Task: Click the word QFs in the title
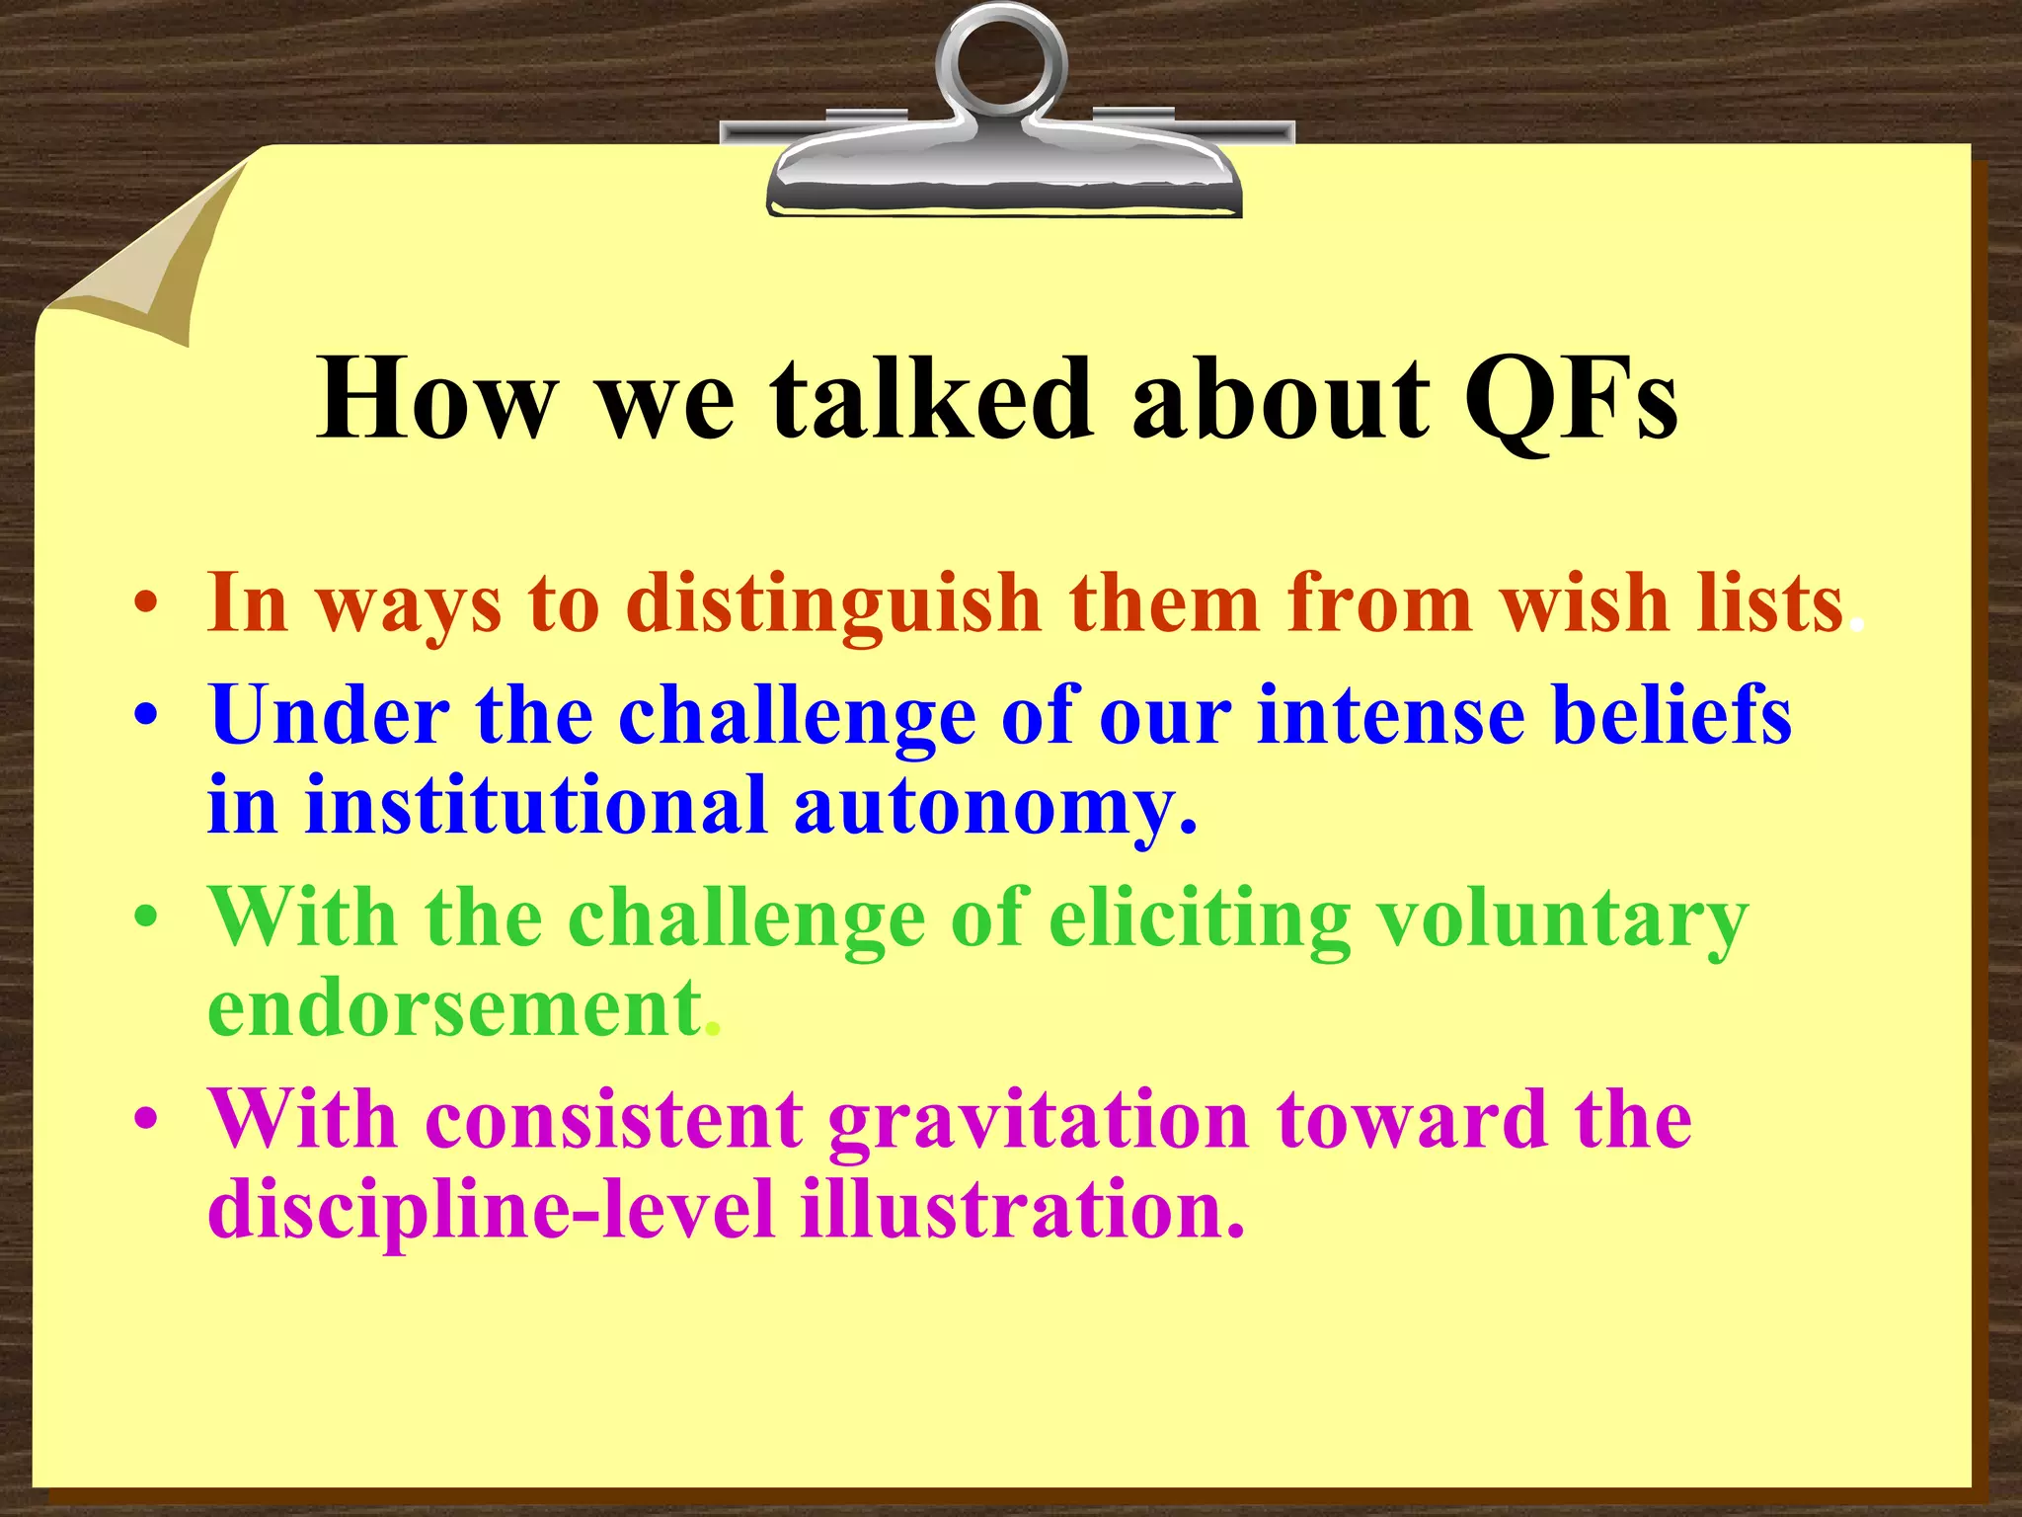tap(1570, 400)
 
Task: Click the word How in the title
tap(435, 400)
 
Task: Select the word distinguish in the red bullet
tap(833, 603)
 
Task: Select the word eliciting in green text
tap(1199, 918)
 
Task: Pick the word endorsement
tap(455, 1008)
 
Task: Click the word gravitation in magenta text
tap(1038, 1122)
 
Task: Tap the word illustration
tap(1021, 1209)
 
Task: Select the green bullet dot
tap(146, 918)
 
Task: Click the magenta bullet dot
tap(146, 1120)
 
